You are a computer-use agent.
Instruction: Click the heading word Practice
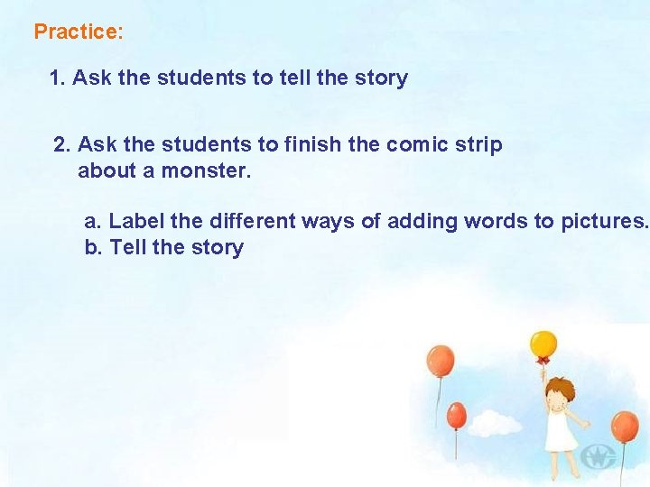tap(75, 32)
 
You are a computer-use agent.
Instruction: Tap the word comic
tap(420, 145)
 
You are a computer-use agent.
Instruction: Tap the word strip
tap(480, 145)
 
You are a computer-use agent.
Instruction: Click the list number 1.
tap(57, 78)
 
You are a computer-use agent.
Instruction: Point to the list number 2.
tap(61, 145)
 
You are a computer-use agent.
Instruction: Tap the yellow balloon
tap(543, 345)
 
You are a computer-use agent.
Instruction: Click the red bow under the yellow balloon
tap(543, 362)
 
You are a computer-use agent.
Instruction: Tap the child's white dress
tap(561, 433)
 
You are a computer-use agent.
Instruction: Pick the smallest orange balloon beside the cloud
tap(457, 415)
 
